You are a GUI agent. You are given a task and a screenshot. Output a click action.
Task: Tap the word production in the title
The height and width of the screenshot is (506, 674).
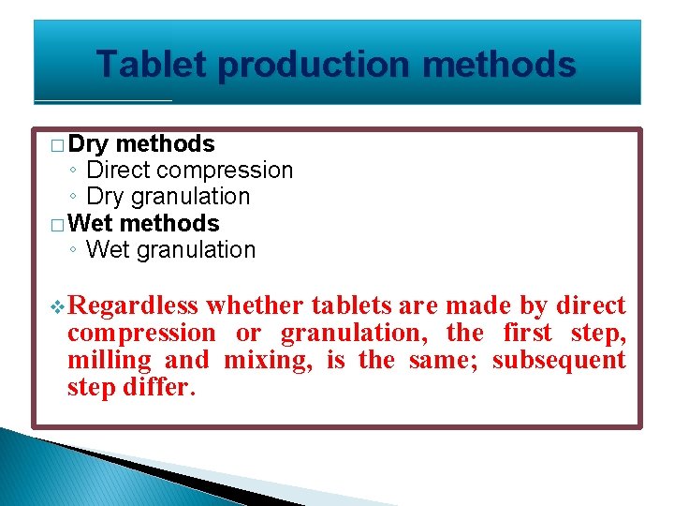pyautogui.click(x=314, y=65)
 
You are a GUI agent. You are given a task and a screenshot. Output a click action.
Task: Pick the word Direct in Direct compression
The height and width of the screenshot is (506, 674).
pyautogui.click(x=118, y=171)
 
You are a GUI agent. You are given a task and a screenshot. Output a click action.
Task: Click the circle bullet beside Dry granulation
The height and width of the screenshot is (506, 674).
pyautogui.click(x=72, y=197)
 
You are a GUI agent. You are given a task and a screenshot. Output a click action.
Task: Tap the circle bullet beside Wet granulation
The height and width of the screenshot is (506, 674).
pyautogui.click(x=72, y=250)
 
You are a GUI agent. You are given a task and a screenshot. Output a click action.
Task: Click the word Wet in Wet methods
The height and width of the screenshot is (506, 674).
pyautogui.click(x=91, y=224)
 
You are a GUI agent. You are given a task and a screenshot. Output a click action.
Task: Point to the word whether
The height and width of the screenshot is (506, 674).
pyautogui.click(x=255, y=306)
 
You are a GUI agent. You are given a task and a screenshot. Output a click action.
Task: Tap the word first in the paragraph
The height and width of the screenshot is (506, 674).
pyautogui.click(x=528, y=334)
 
